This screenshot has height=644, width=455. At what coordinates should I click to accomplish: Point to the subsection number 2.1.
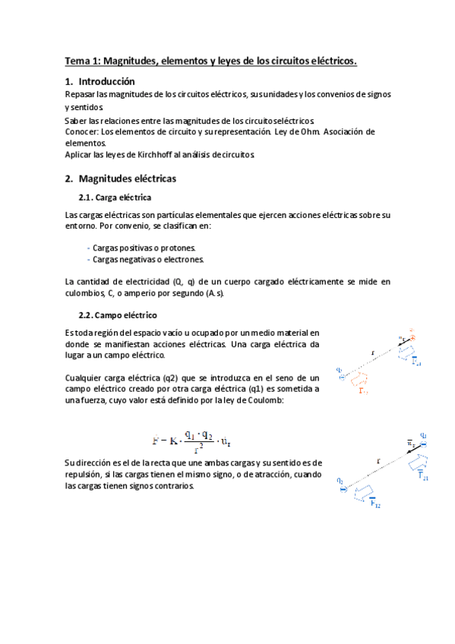click(x=88, y=197)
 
